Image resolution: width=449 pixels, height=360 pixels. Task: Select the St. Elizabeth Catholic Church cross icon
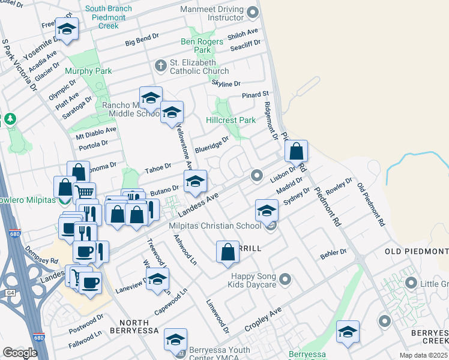(160, 65)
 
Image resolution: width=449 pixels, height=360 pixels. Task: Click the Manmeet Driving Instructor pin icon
(252, 12)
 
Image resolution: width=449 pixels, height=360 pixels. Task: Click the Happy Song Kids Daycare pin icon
(285, 278)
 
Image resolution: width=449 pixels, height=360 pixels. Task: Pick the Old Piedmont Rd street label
(370, 205)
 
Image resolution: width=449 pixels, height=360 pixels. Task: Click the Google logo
(20, 352)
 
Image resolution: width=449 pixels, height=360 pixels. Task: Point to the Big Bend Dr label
(142, 40)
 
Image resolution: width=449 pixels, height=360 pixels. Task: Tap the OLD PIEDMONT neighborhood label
(417, 251)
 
